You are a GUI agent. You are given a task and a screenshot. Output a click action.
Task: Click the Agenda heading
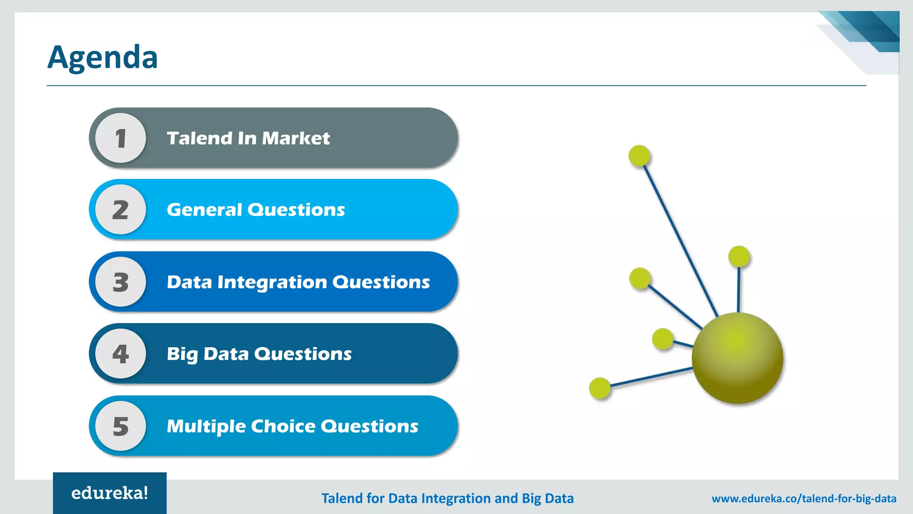click(103, 57)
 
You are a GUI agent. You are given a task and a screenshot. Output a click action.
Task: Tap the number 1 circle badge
click(121, 138)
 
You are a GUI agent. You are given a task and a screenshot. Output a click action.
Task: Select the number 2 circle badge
click(121, 210)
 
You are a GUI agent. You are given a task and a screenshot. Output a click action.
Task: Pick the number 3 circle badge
click(121, 282)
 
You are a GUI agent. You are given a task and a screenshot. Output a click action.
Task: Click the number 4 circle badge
click(121, 354)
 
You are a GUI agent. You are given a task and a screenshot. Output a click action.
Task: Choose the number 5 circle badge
click(121, 426)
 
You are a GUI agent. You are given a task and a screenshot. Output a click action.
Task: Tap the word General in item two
click(204, 210)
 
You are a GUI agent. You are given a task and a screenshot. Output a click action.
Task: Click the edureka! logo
click(110, 493)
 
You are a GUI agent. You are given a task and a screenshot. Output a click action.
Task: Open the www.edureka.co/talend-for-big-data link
click(804, 498)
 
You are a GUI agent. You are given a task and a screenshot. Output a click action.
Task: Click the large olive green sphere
click(737, 358)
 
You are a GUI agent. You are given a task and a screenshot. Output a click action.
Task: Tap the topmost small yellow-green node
click(639, 156)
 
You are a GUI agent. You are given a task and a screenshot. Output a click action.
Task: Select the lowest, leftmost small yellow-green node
click(600, 388)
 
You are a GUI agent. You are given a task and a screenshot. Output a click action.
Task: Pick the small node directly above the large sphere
click(739, 257)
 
